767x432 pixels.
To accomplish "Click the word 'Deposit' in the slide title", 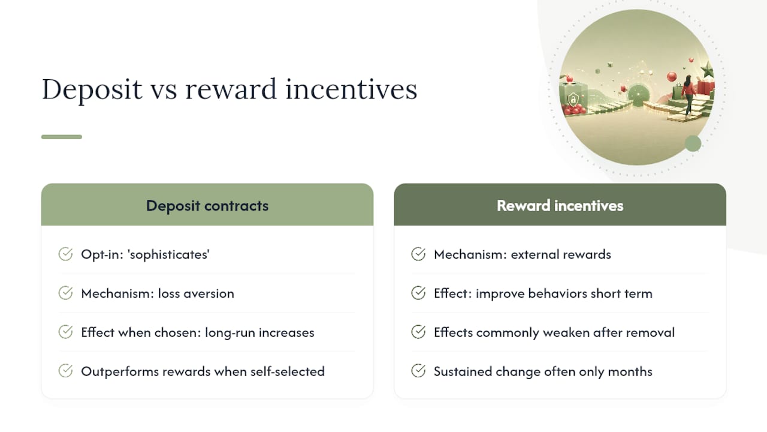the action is (x=92, y=90).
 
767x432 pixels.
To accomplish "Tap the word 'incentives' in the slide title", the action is (x=351, y=89).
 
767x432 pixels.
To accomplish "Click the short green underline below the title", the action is (x=62, y=137).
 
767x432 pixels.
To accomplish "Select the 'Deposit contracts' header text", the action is (x=207, y=206).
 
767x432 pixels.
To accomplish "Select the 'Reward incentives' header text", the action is (x=560, y=206).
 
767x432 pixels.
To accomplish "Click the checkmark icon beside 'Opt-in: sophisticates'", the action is (x=65, y=254).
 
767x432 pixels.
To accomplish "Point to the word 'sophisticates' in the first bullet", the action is (x=168, y=255).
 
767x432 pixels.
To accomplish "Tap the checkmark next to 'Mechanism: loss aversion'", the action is (x=65, y=293).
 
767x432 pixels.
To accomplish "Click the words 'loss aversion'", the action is (x=196, y=293).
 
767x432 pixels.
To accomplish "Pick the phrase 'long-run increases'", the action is (x=259, y=332).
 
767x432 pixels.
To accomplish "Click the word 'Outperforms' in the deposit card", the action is (x=120, y=371).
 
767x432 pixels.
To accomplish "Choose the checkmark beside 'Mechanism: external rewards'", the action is (x=418, y=254).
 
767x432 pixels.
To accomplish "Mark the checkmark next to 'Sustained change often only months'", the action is (x=418, y=371).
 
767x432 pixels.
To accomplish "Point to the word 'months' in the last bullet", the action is (x=630, y=371).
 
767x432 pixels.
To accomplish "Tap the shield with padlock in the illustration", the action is (x=573, y=100).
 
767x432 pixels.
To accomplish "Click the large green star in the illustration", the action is (x=708, y=70).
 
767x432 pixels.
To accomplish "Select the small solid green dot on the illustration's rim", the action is (x=693, y=143).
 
